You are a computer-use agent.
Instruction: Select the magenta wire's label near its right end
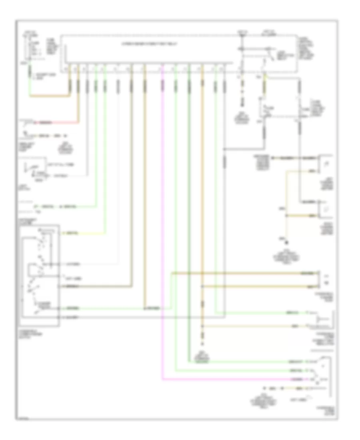[297, 378]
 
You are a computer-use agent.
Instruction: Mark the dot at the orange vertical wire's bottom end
[202, 344]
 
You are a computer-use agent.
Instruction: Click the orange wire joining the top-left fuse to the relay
[48, 96]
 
